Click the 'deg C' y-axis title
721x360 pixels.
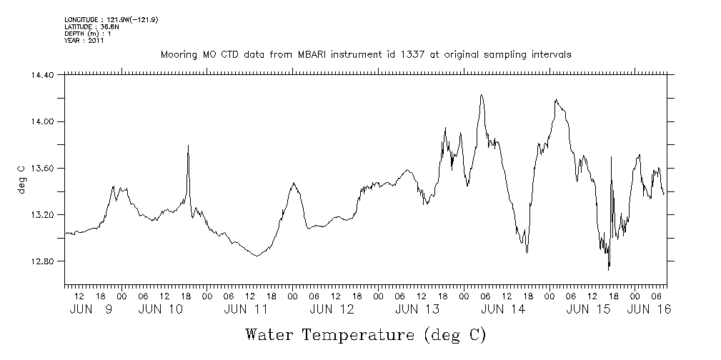[21, 179]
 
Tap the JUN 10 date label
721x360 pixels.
[160, 309]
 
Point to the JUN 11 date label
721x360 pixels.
[246, 309]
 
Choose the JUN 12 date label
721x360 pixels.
[332, 309]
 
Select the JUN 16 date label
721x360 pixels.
[648, 309]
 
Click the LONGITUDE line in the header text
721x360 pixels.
[111, 20]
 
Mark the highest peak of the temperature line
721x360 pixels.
[482, 94]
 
